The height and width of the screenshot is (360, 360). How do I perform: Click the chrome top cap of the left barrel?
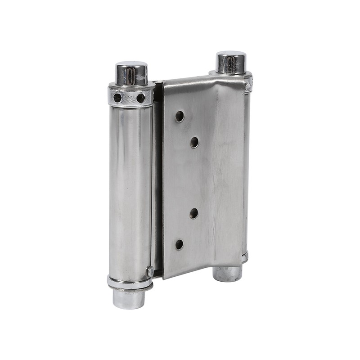pos(131,73)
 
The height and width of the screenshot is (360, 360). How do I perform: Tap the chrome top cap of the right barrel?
pos(231,62)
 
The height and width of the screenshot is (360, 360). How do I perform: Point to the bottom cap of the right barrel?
pos(227,274)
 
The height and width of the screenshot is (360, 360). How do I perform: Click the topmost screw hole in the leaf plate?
pos(180,117)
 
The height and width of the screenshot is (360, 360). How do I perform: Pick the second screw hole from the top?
pos(194,143)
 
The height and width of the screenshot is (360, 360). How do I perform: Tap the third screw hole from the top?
pos(194,213)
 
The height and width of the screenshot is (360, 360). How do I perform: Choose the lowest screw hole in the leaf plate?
pos(179,244)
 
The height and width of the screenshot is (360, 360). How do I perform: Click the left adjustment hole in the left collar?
pos(117,97)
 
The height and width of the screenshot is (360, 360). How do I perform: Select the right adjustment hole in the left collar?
pos(141,98)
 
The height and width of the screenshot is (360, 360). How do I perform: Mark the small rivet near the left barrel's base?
pos(150,271)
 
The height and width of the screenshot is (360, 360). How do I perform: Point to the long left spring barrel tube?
pos(130,189)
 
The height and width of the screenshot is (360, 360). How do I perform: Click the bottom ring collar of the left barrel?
pos(129,283)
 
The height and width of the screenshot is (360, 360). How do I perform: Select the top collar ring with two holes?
pos(130,95)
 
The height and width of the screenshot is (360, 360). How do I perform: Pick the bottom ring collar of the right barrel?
pos(245,258)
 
